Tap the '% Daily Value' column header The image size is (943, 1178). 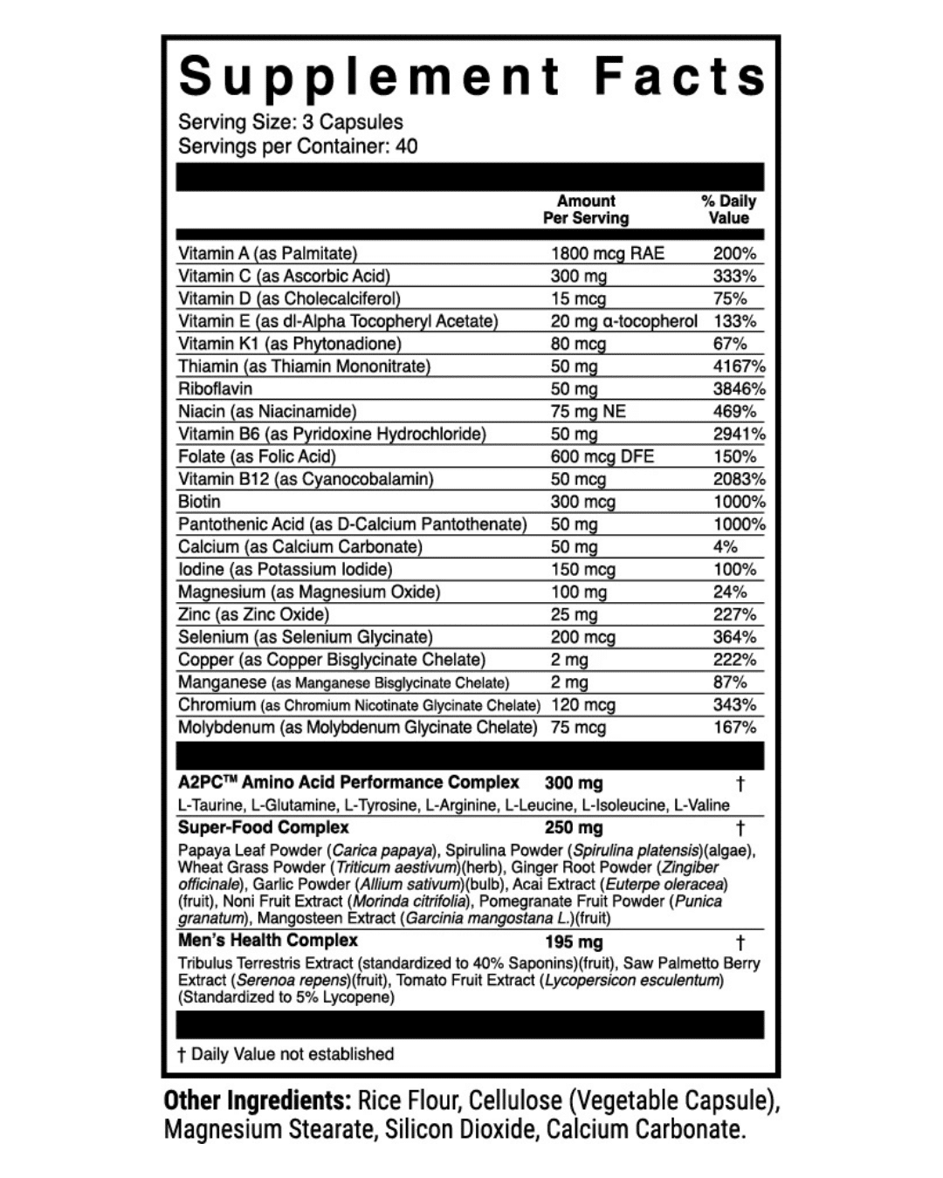[728, 209]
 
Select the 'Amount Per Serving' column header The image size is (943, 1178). [586, 209]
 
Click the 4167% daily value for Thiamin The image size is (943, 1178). [739, 366]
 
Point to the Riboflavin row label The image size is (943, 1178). [215, 389]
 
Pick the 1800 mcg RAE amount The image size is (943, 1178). [607, 254]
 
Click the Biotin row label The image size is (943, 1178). [199, 502]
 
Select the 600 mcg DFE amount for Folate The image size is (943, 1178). [602, 456]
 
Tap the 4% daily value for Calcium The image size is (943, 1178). [725, 547]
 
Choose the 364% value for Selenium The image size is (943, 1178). [734, 637]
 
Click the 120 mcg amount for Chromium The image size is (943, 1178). [582, 705]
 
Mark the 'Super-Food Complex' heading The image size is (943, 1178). [263, 827]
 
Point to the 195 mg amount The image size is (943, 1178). [574, 942]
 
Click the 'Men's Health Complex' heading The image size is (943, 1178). [267, 941]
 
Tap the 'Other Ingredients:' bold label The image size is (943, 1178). [257, 1101]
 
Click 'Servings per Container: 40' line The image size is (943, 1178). [298, 146]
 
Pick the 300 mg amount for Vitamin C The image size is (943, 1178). [578, 277]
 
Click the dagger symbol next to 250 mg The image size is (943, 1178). [740, 827]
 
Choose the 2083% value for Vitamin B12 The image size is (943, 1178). [739, 479]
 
